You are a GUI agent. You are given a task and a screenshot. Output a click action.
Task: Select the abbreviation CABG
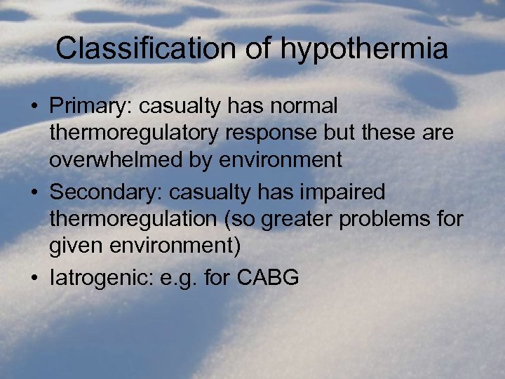[269, 277]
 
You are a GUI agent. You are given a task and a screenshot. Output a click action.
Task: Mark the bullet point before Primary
[34, 107]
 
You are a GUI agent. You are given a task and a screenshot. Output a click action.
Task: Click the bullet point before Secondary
[34, 192]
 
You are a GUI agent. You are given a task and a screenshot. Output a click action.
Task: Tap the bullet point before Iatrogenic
[34, 278]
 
